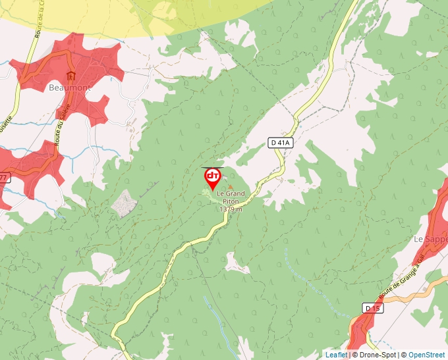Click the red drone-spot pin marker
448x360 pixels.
coord(213,178)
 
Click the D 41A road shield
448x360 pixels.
coord(280,142)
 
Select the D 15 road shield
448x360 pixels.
coord(372,307)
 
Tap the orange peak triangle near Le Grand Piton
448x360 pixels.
coord(230,187)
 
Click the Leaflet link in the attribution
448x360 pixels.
coord(336,355)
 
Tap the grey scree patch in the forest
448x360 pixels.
coord(123,203)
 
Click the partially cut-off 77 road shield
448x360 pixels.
coord(4,178)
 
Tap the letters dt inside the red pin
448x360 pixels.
coord(213,176)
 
